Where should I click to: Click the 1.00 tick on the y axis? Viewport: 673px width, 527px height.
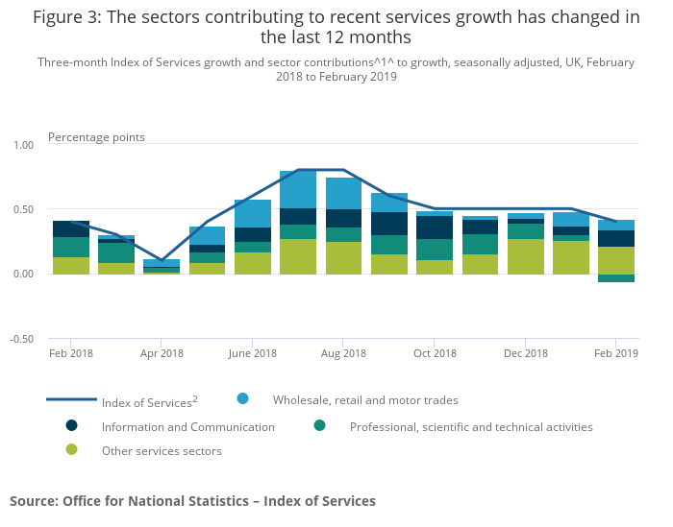click(21, 145)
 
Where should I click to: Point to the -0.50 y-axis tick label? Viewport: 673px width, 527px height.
click(20, 339)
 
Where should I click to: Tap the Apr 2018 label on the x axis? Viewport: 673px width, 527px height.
click(162, 354)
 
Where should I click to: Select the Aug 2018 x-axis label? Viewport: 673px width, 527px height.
click(344, 354)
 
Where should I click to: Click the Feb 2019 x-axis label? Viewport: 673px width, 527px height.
click(615, 354)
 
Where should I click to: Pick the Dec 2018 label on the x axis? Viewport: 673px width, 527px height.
click(525, 354)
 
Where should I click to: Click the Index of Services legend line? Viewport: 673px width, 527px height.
click(71, 399)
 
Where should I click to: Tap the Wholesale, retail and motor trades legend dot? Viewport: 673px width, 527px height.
click(242, 398)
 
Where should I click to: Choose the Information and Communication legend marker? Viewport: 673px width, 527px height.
click(71, 425)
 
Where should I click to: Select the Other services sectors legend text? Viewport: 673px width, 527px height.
click(162, 451)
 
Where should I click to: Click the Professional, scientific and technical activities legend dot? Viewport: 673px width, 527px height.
click(319, 425)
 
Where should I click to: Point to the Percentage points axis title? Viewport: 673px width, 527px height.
click(96, 137)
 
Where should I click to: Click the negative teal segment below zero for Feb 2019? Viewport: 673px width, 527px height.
click(616, 278)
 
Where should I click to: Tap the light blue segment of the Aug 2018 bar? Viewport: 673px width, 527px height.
click(344, 193)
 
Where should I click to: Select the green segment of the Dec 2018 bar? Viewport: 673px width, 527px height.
click(526, 256)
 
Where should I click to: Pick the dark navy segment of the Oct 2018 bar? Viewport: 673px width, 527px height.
click(435, 228)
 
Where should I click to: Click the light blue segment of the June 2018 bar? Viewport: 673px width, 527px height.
click(253, 213)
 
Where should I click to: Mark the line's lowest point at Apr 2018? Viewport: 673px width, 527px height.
click(162, 260)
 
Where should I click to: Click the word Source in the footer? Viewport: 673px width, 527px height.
click(33, 501)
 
